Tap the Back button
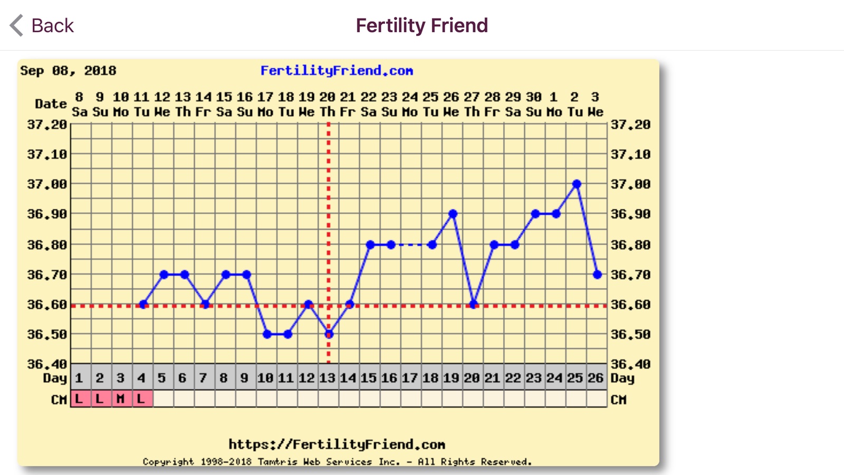[42, 25]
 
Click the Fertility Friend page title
[421, 25]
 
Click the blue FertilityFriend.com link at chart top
[337, 71]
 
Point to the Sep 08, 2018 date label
[68, 71]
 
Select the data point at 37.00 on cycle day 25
[577, 184]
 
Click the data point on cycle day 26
[597, 274]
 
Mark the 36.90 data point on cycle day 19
[453, 214]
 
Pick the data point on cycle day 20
[473, 305]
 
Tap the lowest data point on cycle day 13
[329, 334]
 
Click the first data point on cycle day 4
[143, 305]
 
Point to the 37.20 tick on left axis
[47, 125]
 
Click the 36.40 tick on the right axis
[630, 364]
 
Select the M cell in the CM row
[120, 399]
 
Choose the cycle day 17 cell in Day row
[409, 378]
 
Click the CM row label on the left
[59, 400]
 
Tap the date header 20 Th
[327, 104]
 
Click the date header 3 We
[595, 104]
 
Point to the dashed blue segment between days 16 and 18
[411, 245]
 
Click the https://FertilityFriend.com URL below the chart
[337, 444]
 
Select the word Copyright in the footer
[168, 462]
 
